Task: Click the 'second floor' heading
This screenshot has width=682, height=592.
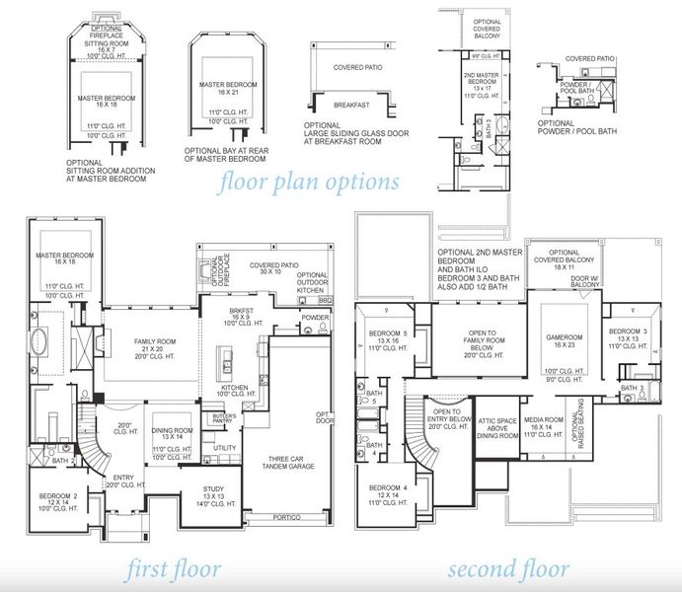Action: (x=507, y=569)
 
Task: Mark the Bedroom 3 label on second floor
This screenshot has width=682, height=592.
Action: (x=628, y=335)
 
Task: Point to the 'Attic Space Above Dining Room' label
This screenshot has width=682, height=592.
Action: (x=498, y=427)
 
